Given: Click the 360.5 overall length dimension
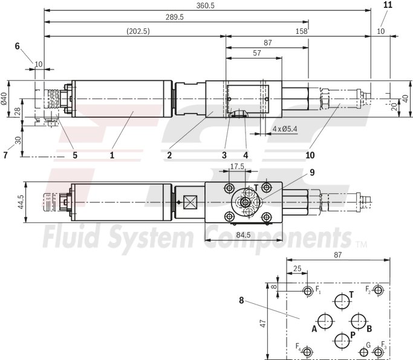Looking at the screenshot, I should [x=206, y=5].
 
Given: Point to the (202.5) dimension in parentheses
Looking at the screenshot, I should [x=138, y=31].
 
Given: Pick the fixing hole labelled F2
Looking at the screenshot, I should [x=379, y=291].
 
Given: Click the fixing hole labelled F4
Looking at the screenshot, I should [x=308, y=352].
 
